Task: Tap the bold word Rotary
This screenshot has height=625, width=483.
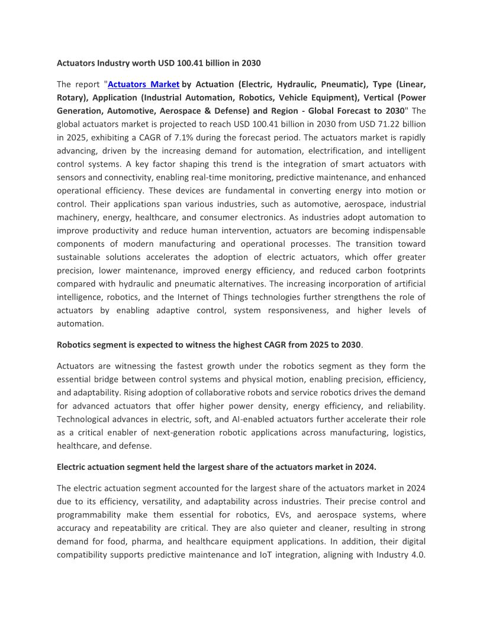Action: coord(70,98)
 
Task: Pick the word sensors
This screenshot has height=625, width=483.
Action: coord(72,177)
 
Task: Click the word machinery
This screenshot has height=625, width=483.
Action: coord(80,217)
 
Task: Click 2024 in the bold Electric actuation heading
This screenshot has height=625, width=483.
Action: coord(365,467)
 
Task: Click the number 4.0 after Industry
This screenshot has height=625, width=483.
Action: coord(418,555)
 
